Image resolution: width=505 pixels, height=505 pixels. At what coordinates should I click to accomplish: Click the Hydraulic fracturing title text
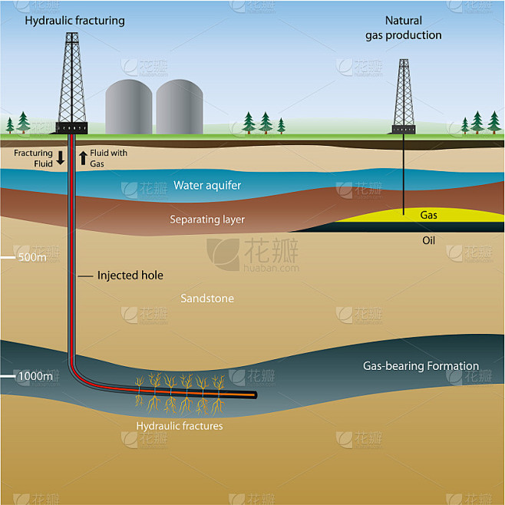pos(74,21)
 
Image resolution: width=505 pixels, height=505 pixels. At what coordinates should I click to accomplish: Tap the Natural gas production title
pos(404,28)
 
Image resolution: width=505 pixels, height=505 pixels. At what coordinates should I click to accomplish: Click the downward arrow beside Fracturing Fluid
pos(60,158)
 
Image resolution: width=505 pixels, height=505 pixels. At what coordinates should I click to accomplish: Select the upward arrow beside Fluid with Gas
pos(83,158)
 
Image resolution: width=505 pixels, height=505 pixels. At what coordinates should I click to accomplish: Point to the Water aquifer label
pos(207,185)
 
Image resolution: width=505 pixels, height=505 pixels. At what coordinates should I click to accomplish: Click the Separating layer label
pos(207,219)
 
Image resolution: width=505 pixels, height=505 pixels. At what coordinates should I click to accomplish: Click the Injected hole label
pos(130,276)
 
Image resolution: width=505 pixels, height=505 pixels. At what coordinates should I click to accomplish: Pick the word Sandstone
pos(207,299)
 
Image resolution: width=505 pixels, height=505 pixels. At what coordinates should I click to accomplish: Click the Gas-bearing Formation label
pos(421,366)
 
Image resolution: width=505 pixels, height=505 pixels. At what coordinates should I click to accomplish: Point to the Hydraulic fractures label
pos(180,426)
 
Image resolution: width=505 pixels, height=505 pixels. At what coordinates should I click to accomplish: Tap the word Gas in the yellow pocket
pos(428,215)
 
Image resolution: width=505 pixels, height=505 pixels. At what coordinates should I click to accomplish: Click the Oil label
pos(428,240)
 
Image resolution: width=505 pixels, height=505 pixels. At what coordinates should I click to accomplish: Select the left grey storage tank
pos(129,107)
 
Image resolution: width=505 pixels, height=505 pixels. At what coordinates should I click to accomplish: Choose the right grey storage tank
pos(180,107)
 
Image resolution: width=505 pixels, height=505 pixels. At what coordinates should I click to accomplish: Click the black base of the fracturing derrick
pos(72,128)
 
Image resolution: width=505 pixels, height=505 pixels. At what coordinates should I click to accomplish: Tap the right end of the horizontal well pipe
pos(255,394)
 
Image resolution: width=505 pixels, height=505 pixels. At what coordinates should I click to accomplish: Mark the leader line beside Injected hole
pos(85,276)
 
